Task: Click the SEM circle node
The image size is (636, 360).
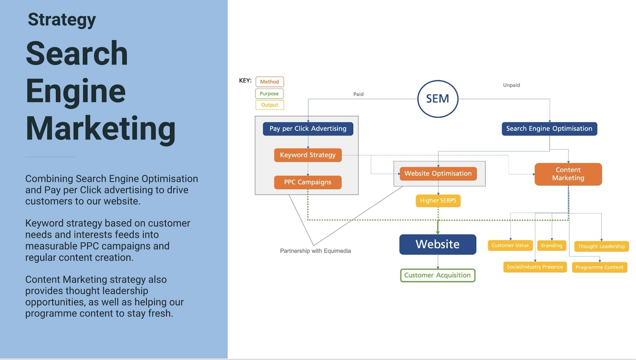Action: click(438, 99)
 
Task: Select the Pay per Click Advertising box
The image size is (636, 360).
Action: click(308, 128)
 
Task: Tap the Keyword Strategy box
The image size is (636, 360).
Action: click(308, 155)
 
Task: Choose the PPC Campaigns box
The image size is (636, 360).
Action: click(308, 182)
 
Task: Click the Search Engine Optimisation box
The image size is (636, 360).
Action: click(549, 128)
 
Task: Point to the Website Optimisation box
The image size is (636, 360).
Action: click(438, 173)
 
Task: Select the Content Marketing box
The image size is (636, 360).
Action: click(568, 174)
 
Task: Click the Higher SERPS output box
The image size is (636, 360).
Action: click(438, 201)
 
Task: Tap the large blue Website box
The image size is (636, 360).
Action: click(438, 244)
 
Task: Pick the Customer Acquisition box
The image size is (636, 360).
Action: click(438, 275)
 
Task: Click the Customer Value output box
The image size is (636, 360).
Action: click(510, 246)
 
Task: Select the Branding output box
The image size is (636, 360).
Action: click(551, 246)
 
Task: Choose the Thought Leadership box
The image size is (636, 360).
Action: click(601, 246)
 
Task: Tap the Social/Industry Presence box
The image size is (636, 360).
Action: click(535, 267)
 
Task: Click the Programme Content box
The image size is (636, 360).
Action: click(599, 268)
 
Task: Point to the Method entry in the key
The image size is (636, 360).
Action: click(270, 82)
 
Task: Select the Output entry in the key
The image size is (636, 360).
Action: click(270, 105)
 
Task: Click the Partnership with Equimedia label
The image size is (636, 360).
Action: click(315, 251)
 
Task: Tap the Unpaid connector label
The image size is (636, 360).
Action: click(511, 85)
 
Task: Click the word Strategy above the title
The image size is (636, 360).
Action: click(62, 20)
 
